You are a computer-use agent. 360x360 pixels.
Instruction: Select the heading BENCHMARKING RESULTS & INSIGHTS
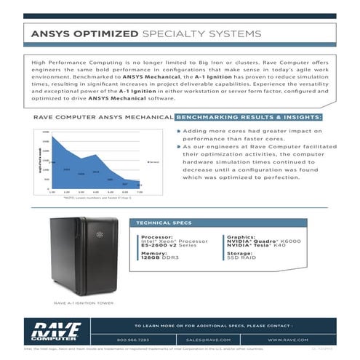coord(249,117)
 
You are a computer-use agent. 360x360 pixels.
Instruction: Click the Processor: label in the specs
coord(156,236)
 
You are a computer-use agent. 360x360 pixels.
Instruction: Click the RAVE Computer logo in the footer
coord(56,331)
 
